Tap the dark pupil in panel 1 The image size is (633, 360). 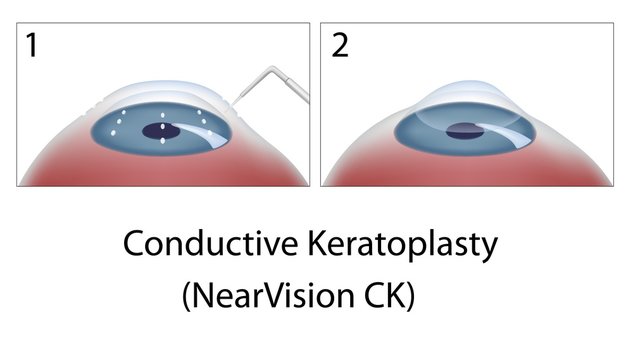(162, 128)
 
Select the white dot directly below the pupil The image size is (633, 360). (162, 140)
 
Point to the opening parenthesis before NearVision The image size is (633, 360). (185, 298)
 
